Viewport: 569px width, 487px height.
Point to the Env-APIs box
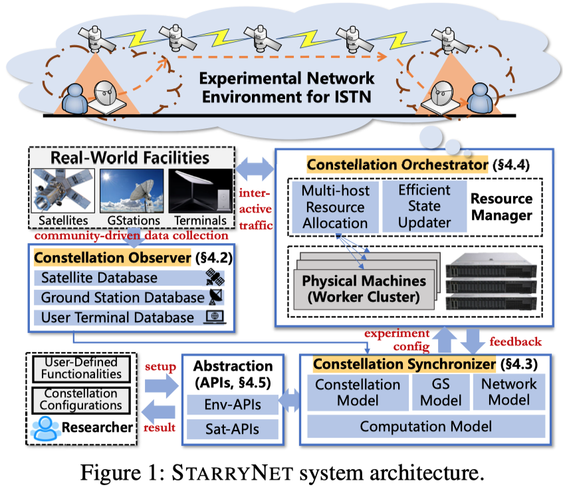pyautogui.click(x=233, y=405)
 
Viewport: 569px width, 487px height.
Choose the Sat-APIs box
pyautogui.click(x=233, y=429)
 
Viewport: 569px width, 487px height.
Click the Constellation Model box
pyautogui.click(x=358, y=392)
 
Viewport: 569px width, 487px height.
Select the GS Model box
pyautogui.click(x=437, y=392)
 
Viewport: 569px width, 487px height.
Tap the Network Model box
pyautogui.click(x=509, y=392)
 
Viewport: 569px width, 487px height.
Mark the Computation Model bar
pyautogui.click(x=425, y=426)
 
